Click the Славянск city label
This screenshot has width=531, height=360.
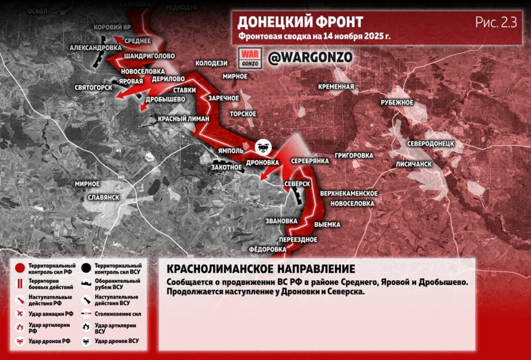tap(104, 198)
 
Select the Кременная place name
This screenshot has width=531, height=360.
tap(337, 87)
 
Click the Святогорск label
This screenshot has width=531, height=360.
tap(93, 87)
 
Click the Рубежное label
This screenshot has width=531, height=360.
tap(397, 102)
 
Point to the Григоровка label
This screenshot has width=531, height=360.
tap(354, 155)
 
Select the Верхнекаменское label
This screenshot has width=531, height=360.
tap(348, 193)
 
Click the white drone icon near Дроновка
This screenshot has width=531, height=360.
tap(263, 147)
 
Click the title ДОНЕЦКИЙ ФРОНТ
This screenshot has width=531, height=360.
tap(300, 22)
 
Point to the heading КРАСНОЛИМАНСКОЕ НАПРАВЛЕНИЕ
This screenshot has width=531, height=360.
tap(261, 269)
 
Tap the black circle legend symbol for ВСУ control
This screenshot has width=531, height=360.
tap(86, 268)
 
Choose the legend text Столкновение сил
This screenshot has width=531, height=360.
tap(118, 314)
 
